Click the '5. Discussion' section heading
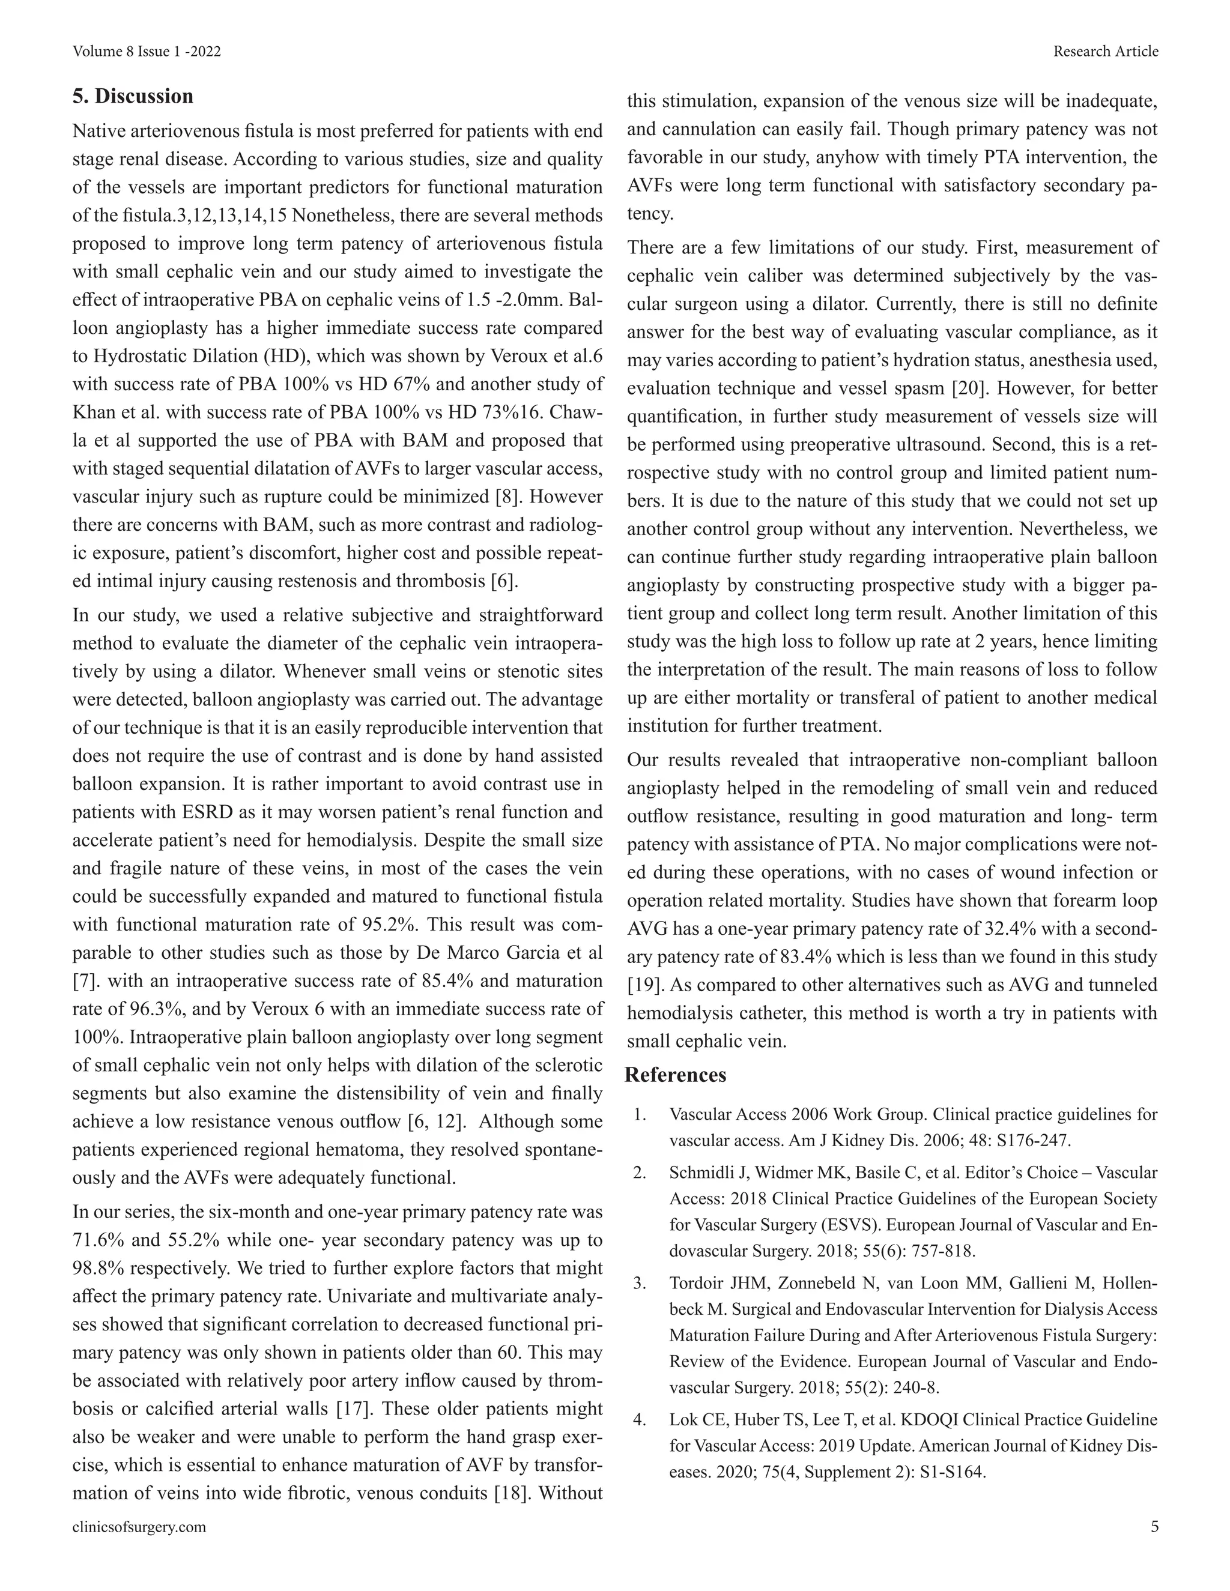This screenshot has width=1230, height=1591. pyautogui.click(x=133, y=96)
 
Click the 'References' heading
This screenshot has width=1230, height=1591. pyautogui.click(x=676, y=1075)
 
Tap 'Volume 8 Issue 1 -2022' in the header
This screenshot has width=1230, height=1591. pyautogui.click(x=147, y=51)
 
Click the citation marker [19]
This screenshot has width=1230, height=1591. pyautogui.click(x=645, y=985)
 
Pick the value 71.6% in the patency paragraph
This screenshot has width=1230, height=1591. pyautogui.click(x=100, y=1240)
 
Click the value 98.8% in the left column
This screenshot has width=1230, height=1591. pyautogui.click(x=100, y=1268)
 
